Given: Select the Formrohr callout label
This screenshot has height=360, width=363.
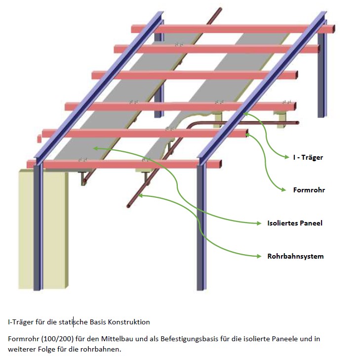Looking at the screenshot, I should coord(309,190).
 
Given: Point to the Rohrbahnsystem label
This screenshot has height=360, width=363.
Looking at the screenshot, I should coord(295,256).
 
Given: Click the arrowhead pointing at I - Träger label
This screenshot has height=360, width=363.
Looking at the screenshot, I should coord(286,157).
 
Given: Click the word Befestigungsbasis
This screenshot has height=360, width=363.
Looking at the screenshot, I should coord(181,339).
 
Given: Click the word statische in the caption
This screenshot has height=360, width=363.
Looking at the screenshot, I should coord(74,322).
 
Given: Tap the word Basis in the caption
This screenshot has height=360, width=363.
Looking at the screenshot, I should coord(99,322).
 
